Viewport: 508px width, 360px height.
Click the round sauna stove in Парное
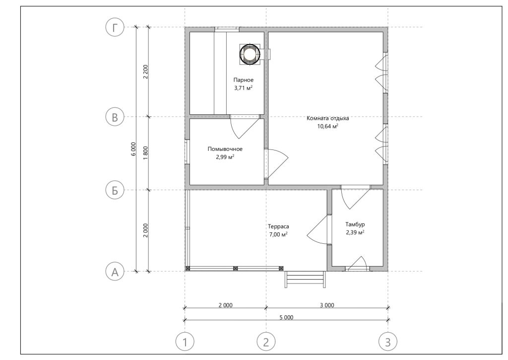point(250,54)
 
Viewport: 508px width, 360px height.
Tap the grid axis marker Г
point(115,28)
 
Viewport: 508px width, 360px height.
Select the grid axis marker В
point(115,117)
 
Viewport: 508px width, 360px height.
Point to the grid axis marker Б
point(115,190)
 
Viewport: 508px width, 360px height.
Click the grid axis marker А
point(115,272)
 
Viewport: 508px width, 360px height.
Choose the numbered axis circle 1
point(185,342)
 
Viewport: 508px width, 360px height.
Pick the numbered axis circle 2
point(266,342)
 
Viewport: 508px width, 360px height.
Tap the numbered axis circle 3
point(388,342)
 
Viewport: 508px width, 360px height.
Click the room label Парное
point(244,80)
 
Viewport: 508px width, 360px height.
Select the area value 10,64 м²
point(328,126)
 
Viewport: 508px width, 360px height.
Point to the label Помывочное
point(225,149)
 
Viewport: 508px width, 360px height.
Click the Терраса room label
point(278,226)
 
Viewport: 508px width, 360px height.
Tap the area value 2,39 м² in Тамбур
point(355,232)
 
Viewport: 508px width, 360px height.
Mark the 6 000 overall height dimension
point(133,149)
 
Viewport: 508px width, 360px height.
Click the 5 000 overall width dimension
point(286,317)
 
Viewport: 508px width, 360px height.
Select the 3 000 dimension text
point(327,305)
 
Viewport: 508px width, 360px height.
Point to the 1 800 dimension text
point(146,153)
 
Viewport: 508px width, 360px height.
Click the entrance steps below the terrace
point(305,279)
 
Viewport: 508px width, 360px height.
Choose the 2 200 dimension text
point(146,72)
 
